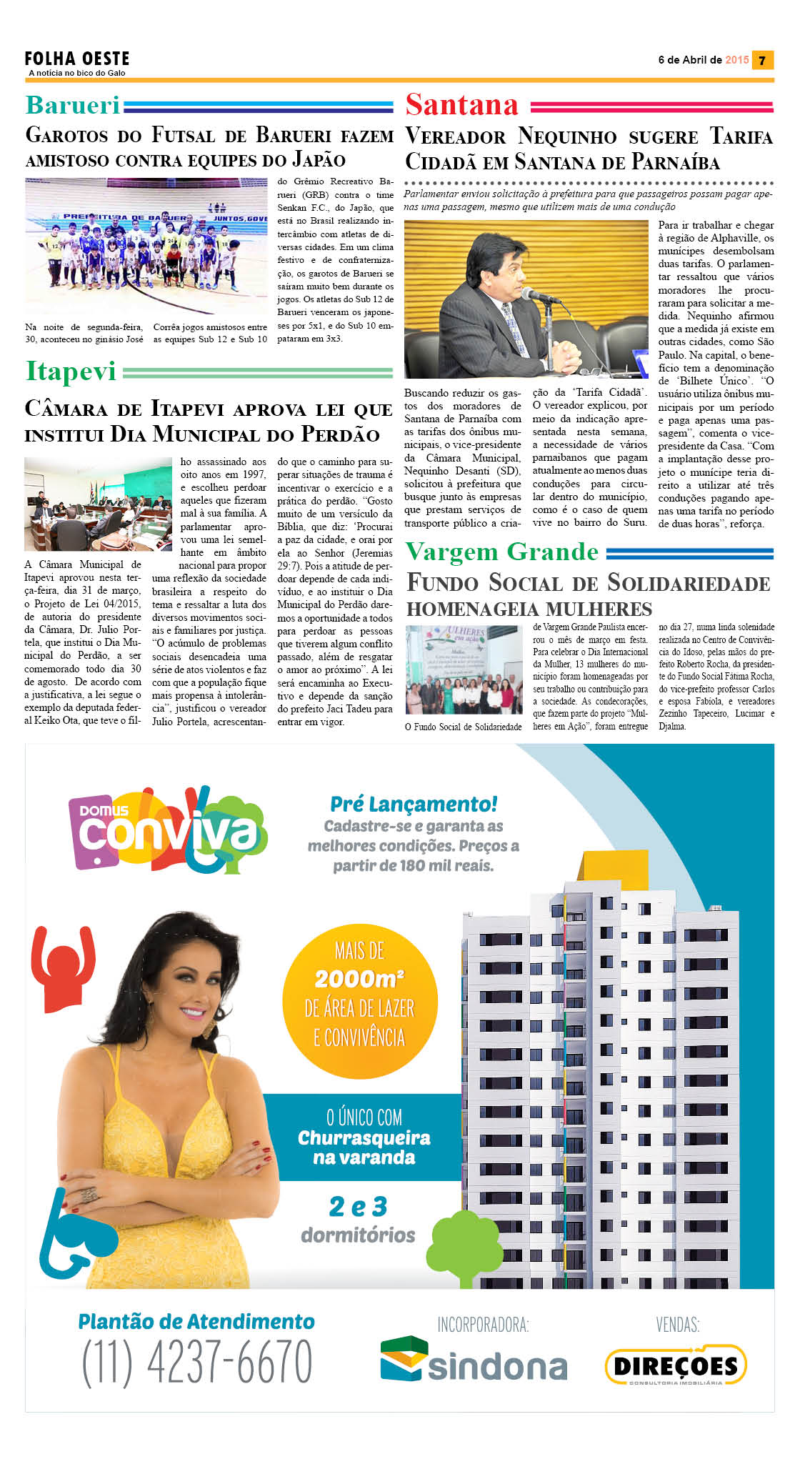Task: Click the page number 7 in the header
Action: coord(762,61)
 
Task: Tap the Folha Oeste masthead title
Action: coord(77,59)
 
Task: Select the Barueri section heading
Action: coord(73,105)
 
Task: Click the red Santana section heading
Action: coord(462,105)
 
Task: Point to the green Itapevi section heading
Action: coord(71,371)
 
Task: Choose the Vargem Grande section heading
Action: coord(502,552)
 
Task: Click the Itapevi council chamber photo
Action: coord(98,504)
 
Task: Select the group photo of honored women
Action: coord(464,669)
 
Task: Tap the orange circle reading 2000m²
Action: coord(359,1000)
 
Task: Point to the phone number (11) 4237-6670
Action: coord(197,1363)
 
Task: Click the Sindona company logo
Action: coord(474,1360)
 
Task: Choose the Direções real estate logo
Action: coord(676,1365)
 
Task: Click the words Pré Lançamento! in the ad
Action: coord(414,805)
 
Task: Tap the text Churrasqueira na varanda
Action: coord(364,1147)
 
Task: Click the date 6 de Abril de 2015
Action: coord(703,60)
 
